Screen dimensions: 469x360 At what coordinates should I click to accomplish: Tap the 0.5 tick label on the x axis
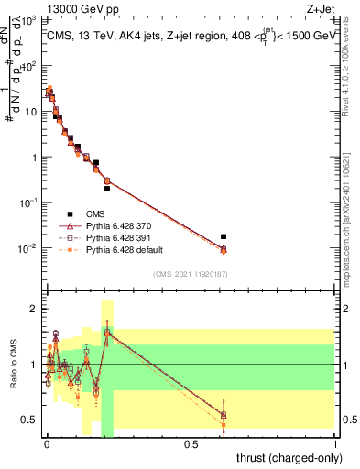[x=191, y=444]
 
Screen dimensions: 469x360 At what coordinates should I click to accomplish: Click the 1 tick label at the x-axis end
[x=336, y=444]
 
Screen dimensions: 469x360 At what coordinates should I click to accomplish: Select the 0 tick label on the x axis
[x=47, y=444]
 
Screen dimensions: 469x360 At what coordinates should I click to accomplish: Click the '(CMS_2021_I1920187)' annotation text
[x=190, y=274]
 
